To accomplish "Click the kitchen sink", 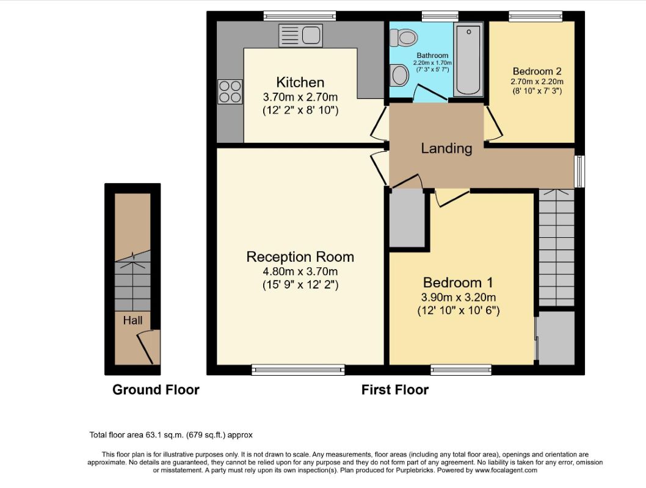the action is [x=301, y=35].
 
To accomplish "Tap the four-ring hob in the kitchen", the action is [x=230, y=91].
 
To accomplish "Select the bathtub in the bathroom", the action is [x=468, y=59].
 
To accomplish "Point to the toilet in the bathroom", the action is [x=404, y=38].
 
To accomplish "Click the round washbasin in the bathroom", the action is [x=399, y=75].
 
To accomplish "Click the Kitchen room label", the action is [x=300, y=82].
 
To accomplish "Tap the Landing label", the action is [x=446, y=148].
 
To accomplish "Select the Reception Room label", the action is [x=300, y=257].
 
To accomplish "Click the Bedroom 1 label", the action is [x=458, y=282].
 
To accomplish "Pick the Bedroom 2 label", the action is [x=537, y=71].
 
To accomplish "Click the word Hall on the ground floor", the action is [x=132, y=320].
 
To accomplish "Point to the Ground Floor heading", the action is [x=156, y=390].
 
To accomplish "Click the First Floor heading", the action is [x=395, y=390].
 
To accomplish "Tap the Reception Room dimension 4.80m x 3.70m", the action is [x=300, y=271].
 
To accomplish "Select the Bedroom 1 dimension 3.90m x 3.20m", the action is [x=458, y=298].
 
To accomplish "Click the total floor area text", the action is [x=171, y=435].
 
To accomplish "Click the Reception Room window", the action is [x=299, y=370].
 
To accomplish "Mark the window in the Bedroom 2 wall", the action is [x=535, y=16].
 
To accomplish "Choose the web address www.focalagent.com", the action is [x=506, y=470].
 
